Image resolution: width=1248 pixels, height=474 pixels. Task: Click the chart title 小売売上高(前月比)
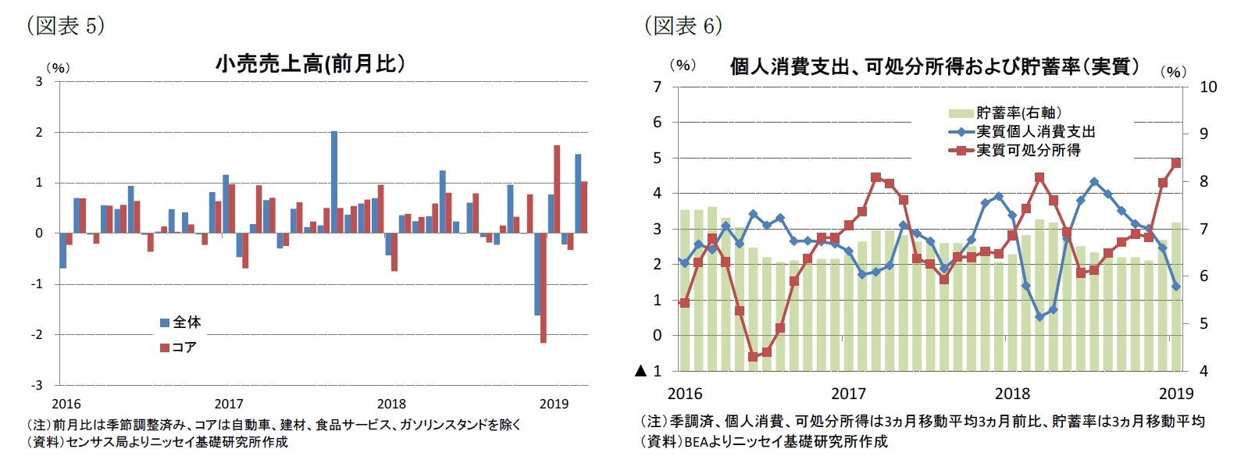tap(310, 64)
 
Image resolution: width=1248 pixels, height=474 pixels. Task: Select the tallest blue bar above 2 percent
tap(334, 181)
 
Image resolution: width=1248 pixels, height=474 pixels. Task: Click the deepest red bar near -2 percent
tap(543, 287)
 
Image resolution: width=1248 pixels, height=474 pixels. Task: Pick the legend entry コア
tap(178, 347)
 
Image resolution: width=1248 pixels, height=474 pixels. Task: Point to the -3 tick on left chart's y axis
tap(37, 385)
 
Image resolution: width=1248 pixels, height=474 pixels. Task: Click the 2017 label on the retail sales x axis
tap(228, 404)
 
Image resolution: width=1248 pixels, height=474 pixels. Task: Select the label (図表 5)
tap(66, 25)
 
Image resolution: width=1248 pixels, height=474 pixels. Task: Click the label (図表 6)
tap(683, 25)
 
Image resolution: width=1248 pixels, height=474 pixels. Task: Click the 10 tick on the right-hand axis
tap(1207, 87)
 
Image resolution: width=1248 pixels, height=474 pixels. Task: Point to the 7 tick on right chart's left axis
tap(658, 87)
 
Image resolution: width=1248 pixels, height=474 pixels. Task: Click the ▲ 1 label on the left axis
tap(648, 371)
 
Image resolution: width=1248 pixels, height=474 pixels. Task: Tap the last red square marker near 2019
tap(1176, 163)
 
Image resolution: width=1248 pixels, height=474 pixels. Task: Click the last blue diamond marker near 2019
tap(1176, 287)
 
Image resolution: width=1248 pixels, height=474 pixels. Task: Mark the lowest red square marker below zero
tap(753, 357)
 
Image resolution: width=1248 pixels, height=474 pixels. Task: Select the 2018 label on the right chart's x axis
tap(1012, 394)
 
